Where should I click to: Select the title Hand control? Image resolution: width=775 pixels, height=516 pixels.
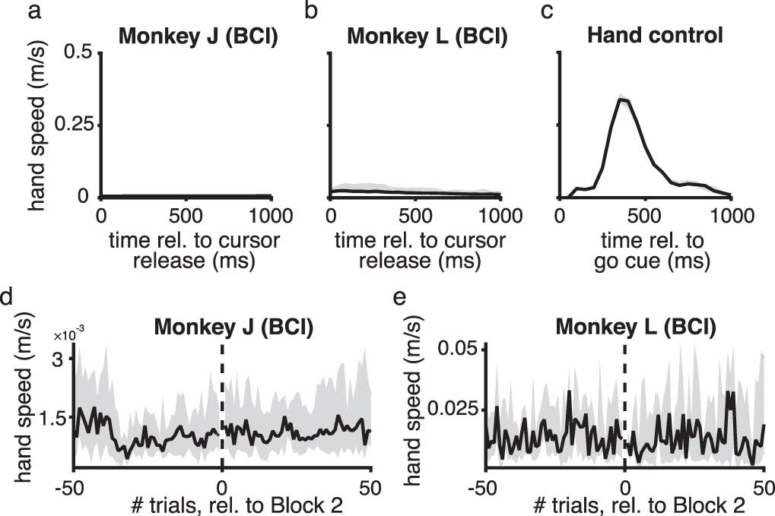point(645,35)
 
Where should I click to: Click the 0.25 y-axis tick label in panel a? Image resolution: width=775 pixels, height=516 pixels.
point(71,125)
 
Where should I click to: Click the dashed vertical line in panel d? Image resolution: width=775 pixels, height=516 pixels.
point(222,403)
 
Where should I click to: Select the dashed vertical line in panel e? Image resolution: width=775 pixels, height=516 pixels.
point(624,403)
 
